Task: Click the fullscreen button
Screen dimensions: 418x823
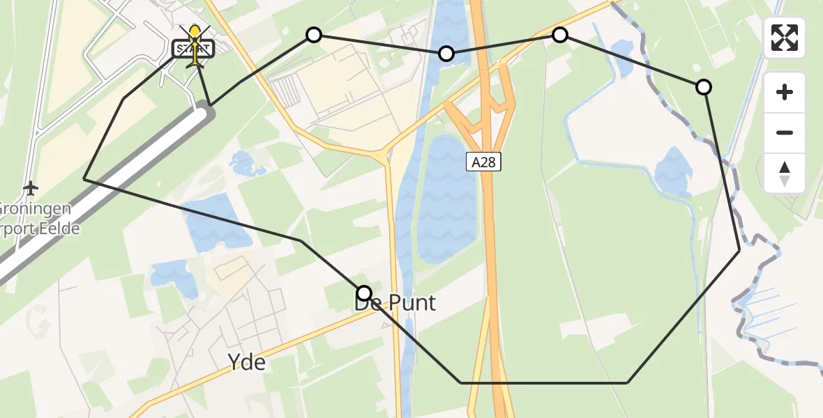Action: tap(785, 38)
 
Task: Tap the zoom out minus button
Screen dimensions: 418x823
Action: tap(785, 132)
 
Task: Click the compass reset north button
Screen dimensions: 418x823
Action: tap(785, 173)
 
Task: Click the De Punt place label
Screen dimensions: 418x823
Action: tap(395, 303)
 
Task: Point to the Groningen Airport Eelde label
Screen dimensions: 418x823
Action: tap(38, 218)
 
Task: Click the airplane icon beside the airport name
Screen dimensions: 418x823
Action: tap(30, 188)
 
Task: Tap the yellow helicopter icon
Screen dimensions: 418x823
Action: tap(195, 43)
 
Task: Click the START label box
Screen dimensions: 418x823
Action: tap(193, 49)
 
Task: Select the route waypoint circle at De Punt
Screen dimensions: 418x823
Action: tap(364, 293)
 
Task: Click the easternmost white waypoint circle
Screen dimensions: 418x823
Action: tap(704, 87)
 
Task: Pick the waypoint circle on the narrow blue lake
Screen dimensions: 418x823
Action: tap(446, 54)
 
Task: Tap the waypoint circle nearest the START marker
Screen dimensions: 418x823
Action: tap(314, 35)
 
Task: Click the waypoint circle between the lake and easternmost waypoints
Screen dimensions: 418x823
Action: tap(559, 35)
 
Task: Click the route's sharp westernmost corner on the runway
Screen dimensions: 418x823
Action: tap(84, 179)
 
